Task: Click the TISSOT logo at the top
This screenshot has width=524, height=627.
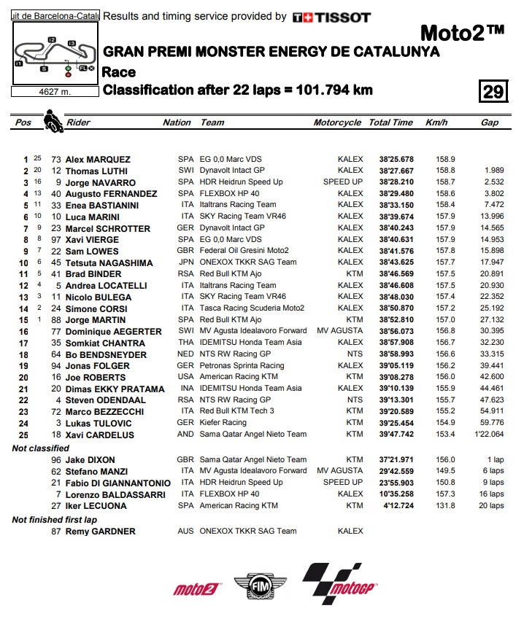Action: click(x=331, y=17)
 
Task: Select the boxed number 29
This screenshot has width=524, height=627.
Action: click(x=493, y=91)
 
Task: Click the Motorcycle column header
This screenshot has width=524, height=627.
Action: click(x=337, y=122)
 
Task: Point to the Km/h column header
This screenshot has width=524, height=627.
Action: click(x=435, y=122)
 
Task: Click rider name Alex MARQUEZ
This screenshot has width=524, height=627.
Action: click(x=98, y=159)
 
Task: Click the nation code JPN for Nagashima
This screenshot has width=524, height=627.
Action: click(x=186, y=262)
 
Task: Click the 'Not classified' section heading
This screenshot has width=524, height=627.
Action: click(x=41, y=448)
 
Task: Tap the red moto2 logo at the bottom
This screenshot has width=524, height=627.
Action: click(x=196, y=588)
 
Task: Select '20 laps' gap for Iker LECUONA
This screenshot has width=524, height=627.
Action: click(x=487, y=505)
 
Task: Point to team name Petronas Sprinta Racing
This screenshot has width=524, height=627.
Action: click(x=242, y=365)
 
